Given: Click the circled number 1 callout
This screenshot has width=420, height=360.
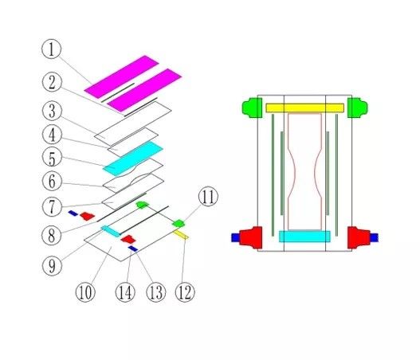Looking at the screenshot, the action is pos(52,49).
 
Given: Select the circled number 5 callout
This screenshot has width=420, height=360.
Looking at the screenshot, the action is pos(52,158).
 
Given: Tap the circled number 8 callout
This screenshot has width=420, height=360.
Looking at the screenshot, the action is pos(52,236).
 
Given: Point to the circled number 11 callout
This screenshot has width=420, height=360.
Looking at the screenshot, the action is pos(208,196).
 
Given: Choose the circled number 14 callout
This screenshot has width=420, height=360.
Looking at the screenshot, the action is pos(125,292).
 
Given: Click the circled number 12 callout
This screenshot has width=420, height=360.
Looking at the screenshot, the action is pos(185,292).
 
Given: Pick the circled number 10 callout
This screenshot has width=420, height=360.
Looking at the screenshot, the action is pos(85,292).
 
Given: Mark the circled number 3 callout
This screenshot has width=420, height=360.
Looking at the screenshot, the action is pos(52,111).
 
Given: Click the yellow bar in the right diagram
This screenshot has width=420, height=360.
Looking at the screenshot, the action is pos(304,108).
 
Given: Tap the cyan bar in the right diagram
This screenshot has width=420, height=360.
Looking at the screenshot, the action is pos(304,237).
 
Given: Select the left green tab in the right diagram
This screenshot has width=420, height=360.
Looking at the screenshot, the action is pos(253,108).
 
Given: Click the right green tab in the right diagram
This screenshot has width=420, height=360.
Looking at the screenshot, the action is pos(358,108).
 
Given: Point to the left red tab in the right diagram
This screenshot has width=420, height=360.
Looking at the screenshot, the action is pos(251,237).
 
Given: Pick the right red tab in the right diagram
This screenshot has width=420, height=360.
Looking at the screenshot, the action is pos(359,237).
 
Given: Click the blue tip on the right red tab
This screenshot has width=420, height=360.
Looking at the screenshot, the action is pos(375,237).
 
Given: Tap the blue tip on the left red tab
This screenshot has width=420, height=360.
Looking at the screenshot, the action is pos(235,237).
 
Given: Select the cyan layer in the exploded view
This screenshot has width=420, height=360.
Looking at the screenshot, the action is pos(133,158).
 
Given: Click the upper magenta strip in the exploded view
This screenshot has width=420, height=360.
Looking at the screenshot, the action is pos(122,76).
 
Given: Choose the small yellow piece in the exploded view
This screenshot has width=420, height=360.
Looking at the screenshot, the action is pos(181,234).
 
